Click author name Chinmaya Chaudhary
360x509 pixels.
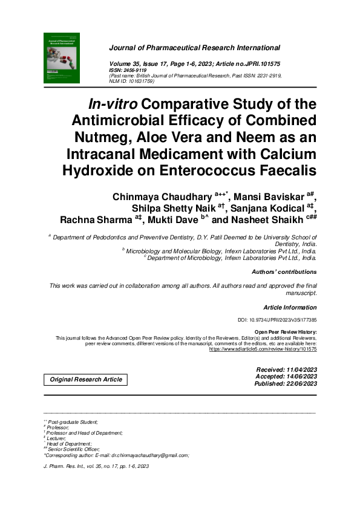tap(162, 196)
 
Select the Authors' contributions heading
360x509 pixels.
tap(284, 272)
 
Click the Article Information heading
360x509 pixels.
tap(290, 308)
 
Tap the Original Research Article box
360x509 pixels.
tap(85, 380)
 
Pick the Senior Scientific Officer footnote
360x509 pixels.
tap(75, 449)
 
